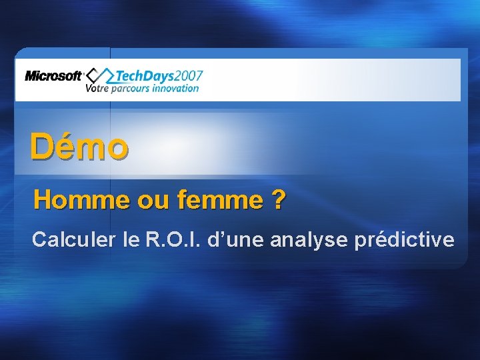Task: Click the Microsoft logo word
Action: pyautogui.click(x=53, y=75)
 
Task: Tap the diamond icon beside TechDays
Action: pyautogui.click(x=101, y=75)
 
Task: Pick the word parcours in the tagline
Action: pyautogui.click(x=131, y=89)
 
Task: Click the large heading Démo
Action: pyautogui.click(x=79, y=147)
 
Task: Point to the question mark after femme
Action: pyautogui.click(x=277, y=199)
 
